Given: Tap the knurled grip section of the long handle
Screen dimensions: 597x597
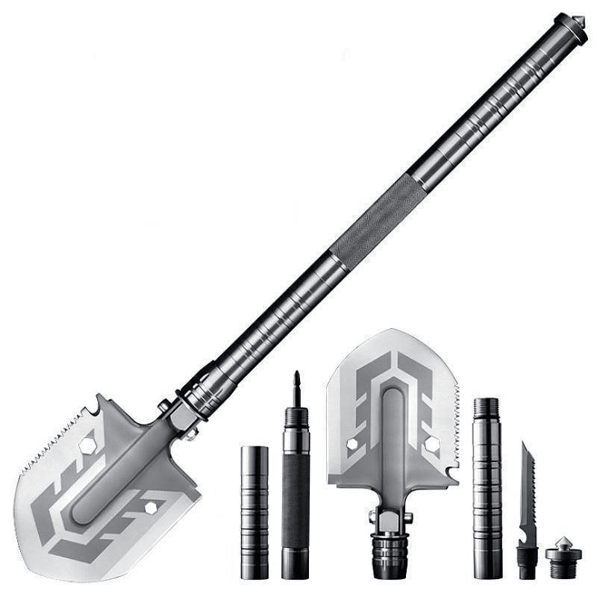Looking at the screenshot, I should pyautogui.click(x=377, y=220).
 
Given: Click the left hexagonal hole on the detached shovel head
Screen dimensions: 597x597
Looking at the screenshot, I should pyautogui.click(x=352, y=443).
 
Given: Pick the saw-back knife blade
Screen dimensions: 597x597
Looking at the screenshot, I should pyautogui.click(x=528, y=485).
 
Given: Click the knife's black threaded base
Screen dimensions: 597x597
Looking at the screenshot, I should pyautogui.click(x=528, y=562).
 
